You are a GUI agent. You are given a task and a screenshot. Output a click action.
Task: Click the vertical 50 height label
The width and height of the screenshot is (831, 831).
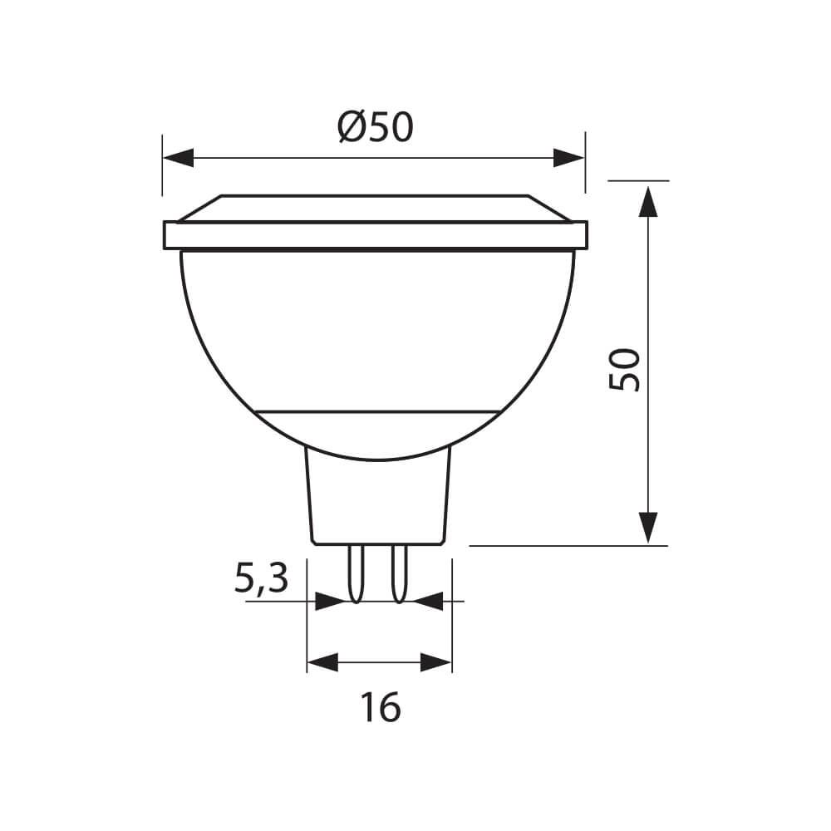pyautogui.click(x=625, y=370)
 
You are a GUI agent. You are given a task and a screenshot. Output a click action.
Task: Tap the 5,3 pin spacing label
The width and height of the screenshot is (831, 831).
pyautogui.click(x=261, y=578)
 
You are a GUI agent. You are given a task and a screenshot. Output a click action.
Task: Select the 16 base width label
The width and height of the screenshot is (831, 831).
pyautogui.click(x=381, y=707)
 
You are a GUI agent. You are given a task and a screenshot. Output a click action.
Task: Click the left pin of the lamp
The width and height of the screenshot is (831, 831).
pyautogui.click(x=356, y=573)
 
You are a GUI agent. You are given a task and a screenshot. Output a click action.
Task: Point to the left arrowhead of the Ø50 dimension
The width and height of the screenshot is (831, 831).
pyautogui.click(x=178, y=158)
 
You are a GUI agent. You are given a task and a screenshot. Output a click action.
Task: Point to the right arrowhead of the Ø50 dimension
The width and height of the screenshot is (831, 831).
pyautogui.click(x=569, y=158)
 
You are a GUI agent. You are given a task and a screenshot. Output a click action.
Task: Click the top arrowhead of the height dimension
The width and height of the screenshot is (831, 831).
pyautogui.click(x=647, y=201)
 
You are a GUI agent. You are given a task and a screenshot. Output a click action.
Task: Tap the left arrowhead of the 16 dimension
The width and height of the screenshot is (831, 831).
pyautogui.click(x=323, y=662)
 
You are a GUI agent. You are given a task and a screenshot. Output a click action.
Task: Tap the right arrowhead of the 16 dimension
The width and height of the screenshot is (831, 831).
pyautogui.click(x=435, y=662)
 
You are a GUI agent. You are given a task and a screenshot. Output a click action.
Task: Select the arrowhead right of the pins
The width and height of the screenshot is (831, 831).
pyautogui.click(x=427, y=600)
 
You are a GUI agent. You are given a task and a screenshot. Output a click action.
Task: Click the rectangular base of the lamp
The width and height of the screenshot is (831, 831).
pyautogui.click(x=379, y=499)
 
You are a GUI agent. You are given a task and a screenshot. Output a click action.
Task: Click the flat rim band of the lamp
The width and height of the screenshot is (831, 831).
pyautogui.click(x=376, y=235)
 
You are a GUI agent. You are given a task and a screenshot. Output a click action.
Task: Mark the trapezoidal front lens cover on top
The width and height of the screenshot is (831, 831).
pyautogui.click(x=376, y=208)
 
